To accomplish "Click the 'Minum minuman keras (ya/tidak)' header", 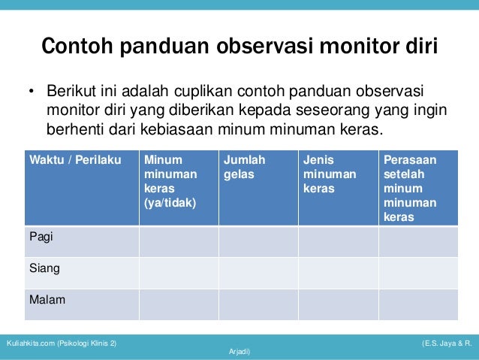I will (170, 181).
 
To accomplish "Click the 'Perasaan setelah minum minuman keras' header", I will (410, 188).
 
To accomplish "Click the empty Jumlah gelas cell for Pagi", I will (258, 241).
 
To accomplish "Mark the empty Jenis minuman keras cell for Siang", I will (338, 273).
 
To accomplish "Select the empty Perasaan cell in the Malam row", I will (418, 304).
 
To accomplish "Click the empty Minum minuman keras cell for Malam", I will (179, 304).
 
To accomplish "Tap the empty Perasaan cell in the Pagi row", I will (418, 241).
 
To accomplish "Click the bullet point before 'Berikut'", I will (32, 93).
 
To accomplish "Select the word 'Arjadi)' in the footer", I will (239, 352).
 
